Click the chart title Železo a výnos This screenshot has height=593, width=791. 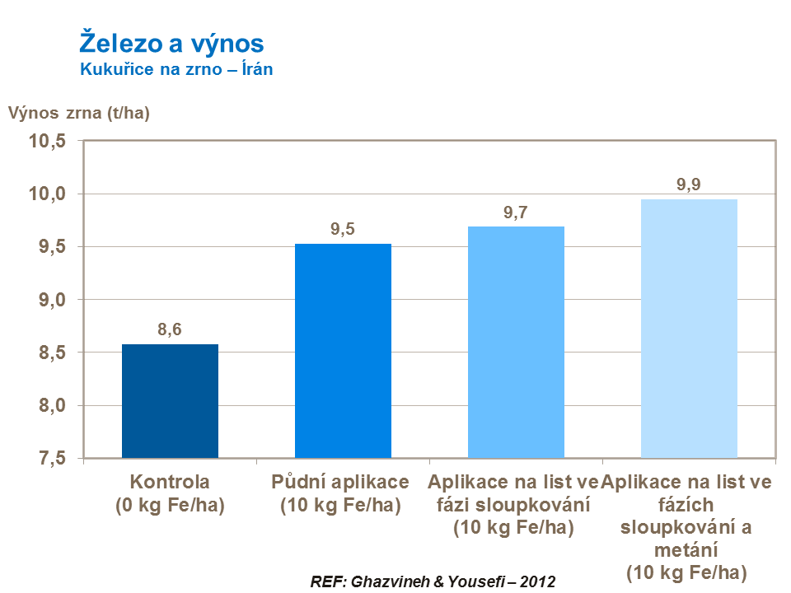[x=171, y=43]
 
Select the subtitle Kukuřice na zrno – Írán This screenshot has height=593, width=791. [x=176, y=70]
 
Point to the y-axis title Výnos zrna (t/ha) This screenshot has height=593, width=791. [x=79, y=114]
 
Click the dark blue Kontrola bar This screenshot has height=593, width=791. [x=170, y=401]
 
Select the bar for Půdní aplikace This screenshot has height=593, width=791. [x=343, y=351]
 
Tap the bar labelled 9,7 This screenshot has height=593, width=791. [x=516, y=342]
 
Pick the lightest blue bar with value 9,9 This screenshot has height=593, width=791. [x=689, y=329]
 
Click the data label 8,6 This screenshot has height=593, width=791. [x=170, y=330]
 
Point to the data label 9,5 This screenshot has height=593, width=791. [x=343, y=230]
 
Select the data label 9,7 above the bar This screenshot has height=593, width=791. [x=516, y=212]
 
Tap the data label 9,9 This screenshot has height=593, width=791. [x=689, y=185]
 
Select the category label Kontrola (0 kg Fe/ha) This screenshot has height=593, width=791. [x=170, y=493]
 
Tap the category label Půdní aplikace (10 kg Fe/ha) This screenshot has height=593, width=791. [x=340, y=493]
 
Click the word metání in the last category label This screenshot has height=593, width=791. [x=686, y=549]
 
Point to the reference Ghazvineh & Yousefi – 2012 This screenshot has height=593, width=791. [x=433, y=581]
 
